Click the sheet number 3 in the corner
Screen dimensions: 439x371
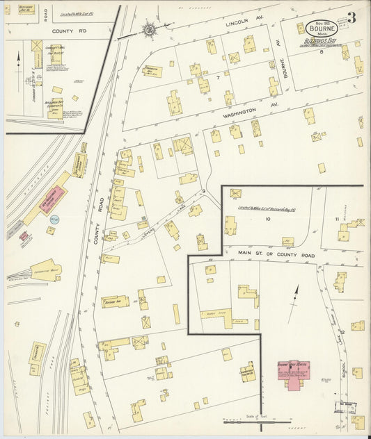352,18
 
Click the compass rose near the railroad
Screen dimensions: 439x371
148,30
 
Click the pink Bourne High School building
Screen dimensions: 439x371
294,373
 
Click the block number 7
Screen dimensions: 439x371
218,78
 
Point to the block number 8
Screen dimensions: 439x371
322,52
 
